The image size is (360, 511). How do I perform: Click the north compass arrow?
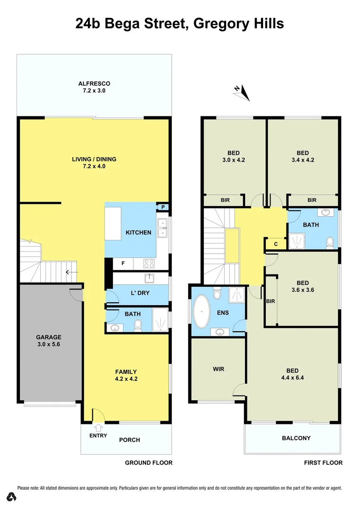(242, 92)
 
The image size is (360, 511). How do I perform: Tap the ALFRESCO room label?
(94, 84)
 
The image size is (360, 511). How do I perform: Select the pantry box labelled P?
(163, 207)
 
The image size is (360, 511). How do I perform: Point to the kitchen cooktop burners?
(148, 263)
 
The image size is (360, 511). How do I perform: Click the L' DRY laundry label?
(140, 293)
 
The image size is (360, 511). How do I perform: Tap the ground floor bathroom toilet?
(138, 325)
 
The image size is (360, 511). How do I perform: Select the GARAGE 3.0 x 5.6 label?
(49, 341)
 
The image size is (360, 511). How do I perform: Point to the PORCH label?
(129, 440)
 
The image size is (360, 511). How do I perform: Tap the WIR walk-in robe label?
(218, 369)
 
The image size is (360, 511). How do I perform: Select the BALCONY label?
(296, 438)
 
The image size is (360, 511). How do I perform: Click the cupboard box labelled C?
(276, 244)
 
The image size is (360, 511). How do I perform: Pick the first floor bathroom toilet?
(330, 242)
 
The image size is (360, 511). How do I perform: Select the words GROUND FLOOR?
(149, 463)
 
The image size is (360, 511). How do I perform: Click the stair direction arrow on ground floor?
(72, 272)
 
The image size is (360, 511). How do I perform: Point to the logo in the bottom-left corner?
(12, 497)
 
